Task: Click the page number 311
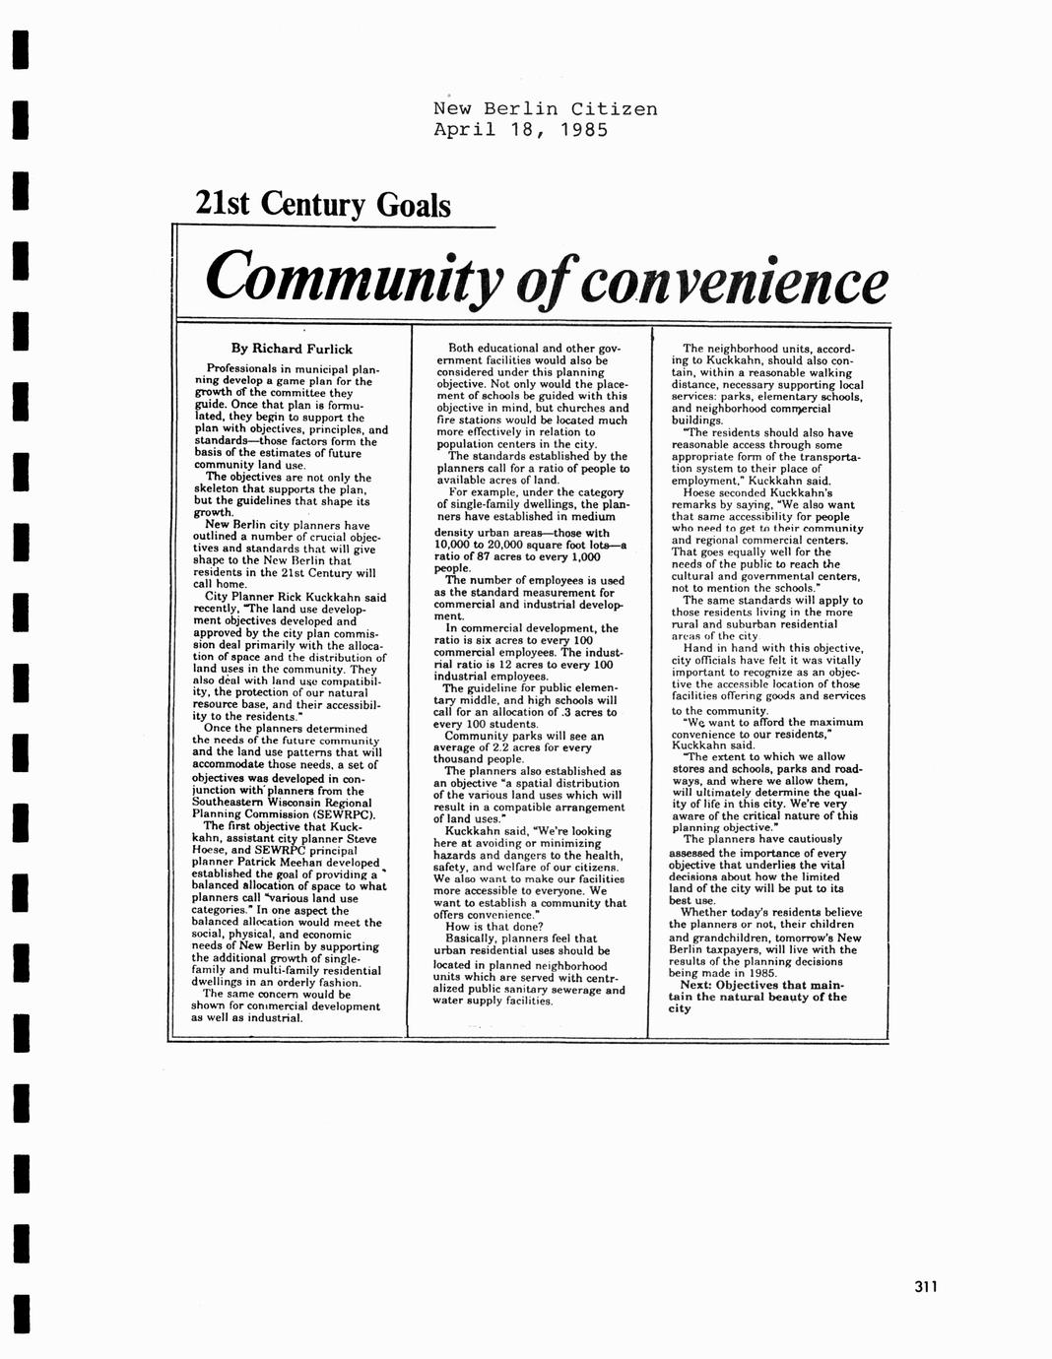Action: pyautogui.click(x=925, y=1286)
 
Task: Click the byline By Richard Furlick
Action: pyautogui.click(x=292, y=349)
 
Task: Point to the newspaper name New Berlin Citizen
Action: pyautogui.click(x=545, y=108)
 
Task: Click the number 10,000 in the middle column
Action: pyautogui.click(x=456, y=545)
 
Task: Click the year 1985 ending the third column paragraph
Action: pyautogui.click(x=764, y=972)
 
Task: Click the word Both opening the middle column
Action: pyautogui.click(x=464, y=349)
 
